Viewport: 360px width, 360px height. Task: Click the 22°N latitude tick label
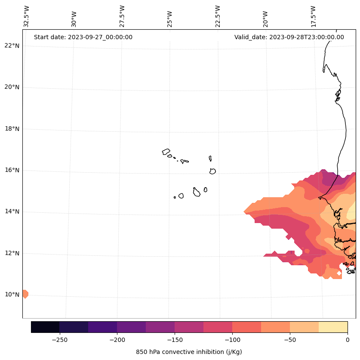pyautogui.click(x=11, y=46)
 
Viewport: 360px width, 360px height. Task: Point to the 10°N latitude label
pyautogui.click(x=11, y=295)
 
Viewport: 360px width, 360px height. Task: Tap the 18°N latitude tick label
pyautogui.click(x=11, y=129)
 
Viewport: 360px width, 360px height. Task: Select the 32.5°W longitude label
pyautogui.click(x=27, y=16)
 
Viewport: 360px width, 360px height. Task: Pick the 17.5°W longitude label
pyautogui.click(x=314, y=16)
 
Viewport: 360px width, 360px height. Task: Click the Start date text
pyautogui.click(x=83, y=37)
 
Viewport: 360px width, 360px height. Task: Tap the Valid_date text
pyautogui.click(x=289, y=37)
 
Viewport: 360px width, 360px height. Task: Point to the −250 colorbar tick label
pyautogui.click(x=59, y=340)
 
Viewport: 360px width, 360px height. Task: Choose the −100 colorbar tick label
pyautogui.click(x=232, y=340)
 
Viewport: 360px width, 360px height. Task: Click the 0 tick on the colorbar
pyautogui.click(x=348, y=340)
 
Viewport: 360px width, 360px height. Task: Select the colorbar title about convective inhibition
pyautogui.click(x=189, y=352)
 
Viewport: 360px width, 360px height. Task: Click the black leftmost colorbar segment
pyautogui.click(x=45, y=327)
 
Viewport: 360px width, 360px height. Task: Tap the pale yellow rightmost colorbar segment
pyautogui.click(x=333, y=327)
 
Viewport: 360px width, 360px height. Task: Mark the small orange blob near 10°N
pyautogui.click(x=25, y=294)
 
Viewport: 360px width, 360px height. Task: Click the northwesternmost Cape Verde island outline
pyautogui.click(x=166, y=152)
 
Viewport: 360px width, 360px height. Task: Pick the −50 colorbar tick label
pyautogui.click(x=290, y=340)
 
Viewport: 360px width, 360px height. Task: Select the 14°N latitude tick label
pyautogui.click(x=11, y=211)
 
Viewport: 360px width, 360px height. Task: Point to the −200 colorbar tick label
pyautogui.click(x=117, y=340)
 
